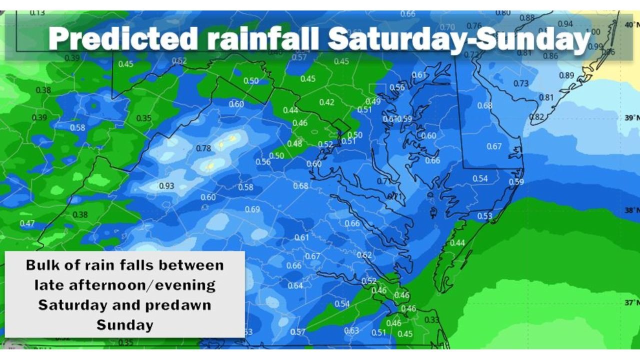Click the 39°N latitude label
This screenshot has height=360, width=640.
[x=631, y=117]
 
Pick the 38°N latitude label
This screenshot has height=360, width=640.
[x=631, y=210]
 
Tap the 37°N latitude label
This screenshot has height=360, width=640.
[x=631, y=302]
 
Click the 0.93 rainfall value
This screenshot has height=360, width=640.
[x=166, y=186]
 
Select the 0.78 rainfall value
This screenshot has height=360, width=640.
[x=203, y=148]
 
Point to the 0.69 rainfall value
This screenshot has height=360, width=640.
[x=252, y=209]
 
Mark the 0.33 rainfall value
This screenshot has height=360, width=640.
[x=431, y=320]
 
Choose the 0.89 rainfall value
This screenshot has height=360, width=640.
[x=566, y=75]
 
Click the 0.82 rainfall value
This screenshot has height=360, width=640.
[x=536, y=117]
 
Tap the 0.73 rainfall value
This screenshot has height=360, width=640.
[x=521, y=83]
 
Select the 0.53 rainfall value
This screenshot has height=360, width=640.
[x=485, y=216]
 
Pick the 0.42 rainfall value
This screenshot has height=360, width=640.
[x=326, y=102]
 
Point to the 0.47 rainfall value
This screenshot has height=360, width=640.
[x=27, y=223]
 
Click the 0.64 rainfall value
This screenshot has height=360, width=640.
[x=295, y=286]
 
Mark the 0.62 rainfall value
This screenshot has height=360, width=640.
[x=364, y=255]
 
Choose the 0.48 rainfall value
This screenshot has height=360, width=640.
[x=294, y=143]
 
